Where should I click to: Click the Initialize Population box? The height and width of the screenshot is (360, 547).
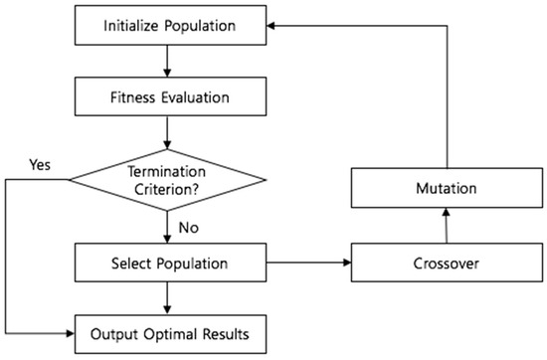(x=170, y=25)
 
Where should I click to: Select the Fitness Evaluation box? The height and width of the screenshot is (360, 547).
(x=170, y=97)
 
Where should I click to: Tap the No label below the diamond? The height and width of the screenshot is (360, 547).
(x=190, y=229)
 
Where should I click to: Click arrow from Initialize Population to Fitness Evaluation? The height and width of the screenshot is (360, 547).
(x=170, y=62)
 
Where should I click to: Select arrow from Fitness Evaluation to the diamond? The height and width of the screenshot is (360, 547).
(x=170, y=132)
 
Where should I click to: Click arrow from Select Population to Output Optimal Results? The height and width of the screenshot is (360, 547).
(x=170, y=299)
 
